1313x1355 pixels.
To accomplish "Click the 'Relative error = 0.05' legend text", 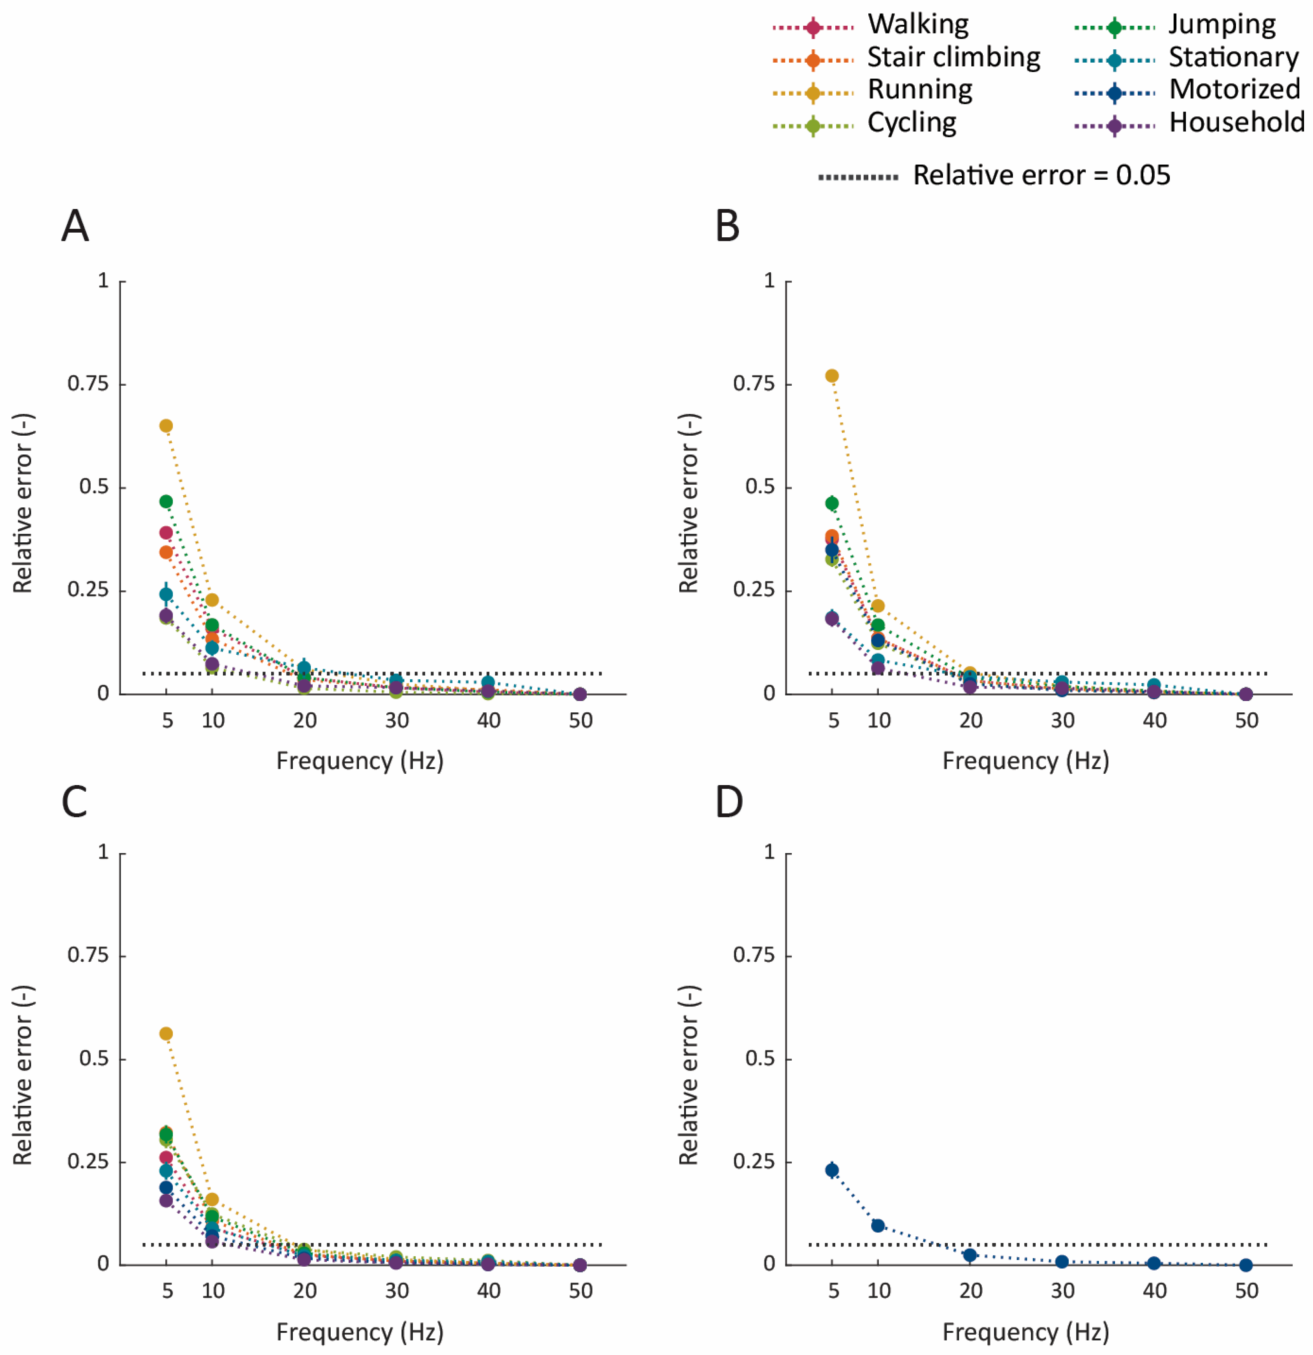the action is [1041, 175].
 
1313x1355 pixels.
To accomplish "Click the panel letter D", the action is [729, 802].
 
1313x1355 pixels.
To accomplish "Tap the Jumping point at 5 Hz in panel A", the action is [166, 501].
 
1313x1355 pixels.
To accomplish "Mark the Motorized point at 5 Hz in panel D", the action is [832, 1170].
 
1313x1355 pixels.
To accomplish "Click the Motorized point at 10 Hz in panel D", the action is [877, 1225].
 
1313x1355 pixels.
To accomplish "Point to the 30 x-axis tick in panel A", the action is [397, 720].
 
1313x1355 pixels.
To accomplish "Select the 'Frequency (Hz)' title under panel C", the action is [359, 1332].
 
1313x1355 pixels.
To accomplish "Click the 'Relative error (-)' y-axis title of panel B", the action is [689, 503].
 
